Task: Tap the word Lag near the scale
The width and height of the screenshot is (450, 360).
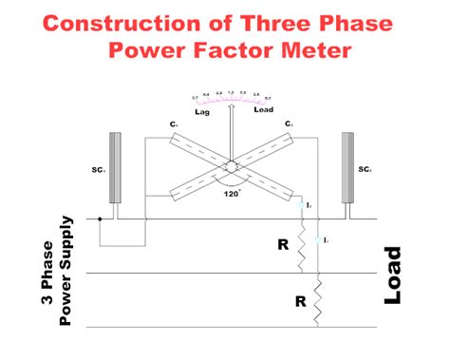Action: click(x=201, y=112)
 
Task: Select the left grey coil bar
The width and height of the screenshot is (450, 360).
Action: click(x=116, y=167)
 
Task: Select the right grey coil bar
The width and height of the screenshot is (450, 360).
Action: click(x=348, y=167)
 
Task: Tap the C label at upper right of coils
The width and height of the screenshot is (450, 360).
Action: click(x=287, y=123)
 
